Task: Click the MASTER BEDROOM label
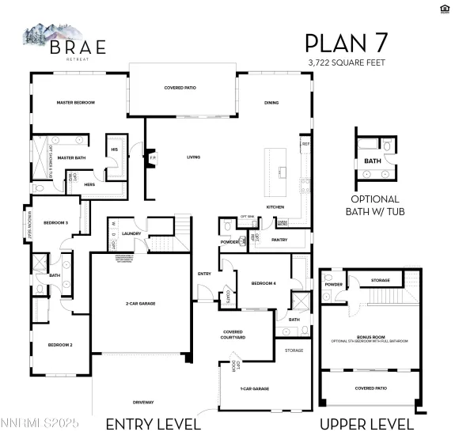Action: coord(75,103)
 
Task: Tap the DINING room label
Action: coord(271,103)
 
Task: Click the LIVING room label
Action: coord(194,157)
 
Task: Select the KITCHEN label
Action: coord(275,206)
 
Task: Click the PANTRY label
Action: coord(279,239)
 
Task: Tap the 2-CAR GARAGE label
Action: coord(139,303)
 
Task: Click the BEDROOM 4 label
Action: coord(264,282)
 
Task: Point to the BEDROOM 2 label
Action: coord(60,345)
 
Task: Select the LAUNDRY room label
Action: coord(131,233)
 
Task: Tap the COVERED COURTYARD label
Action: coord(233,335)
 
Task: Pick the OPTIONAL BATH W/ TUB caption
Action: coord(374,204)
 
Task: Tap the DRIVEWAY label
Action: coord(143,401)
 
